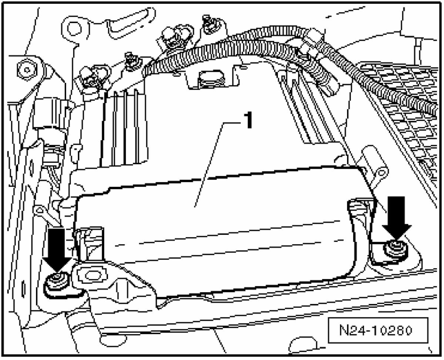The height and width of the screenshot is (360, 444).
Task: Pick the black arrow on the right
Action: (397, 218)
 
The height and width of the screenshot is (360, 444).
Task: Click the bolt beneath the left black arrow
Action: (57, 284)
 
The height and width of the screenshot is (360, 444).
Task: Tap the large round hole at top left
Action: (74, 29)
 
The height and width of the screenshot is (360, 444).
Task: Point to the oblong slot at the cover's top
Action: (211, 78)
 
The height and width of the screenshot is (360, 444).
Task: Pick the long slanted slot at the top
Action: (130, 23)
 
